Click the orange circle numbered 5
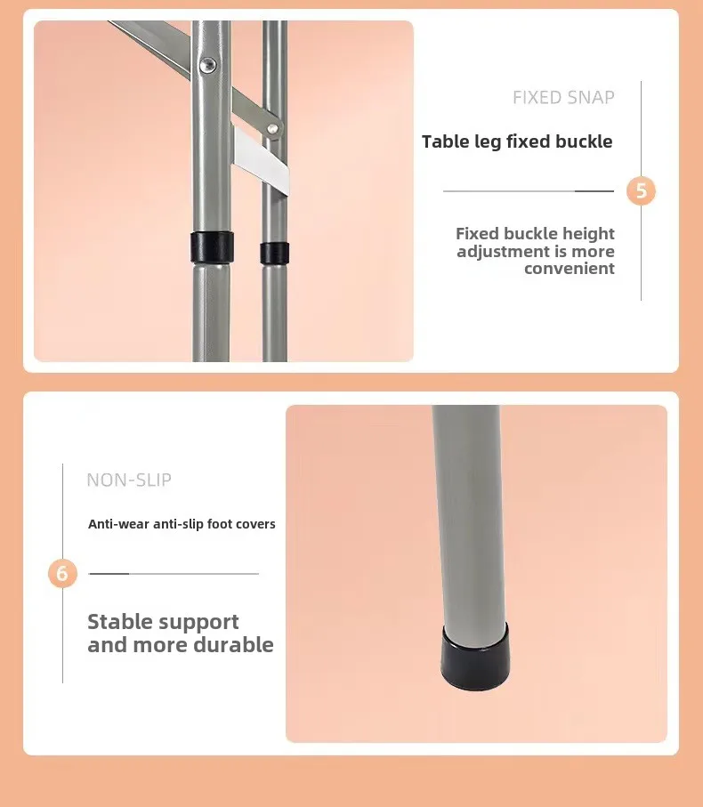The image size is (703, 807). pyautogui.click(x=641, y=191)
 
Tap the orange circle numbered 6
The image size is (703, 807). pyautogui.click(x=62, y=573)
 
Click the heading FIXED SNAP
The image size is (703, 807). pyautogui.click(x=563, y=97)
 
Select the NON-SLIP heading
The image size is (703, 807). pyautogui.click(x=129, y=480)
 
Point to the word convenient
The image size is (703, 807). pyautogui.click(x=570, y=268)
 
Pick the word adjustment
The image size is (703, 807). pyautogui.click(x=497, y=252)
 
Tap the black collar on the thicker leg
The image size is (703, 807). pyautogui.click(x=212, y=247)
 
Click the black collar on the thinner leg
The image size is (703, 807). pyautogui.click(x=274, y=254)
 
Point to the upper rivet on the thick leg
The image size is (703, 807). pyautogui.click(x=208, y=64)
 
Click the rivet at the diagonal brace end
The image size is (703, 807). pyautogui.click(x=273, y=128)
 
